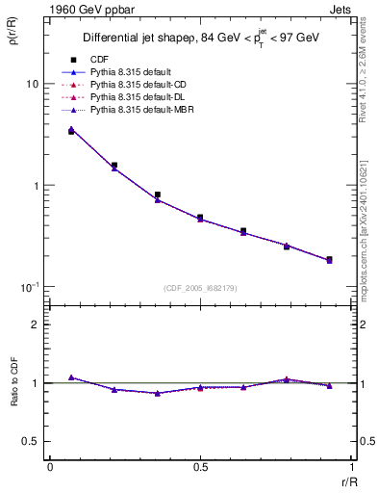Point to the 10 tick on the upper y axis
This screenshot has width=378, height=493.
(32, 84)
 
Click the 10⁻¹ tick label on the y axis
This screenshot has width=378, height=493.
(30, 287)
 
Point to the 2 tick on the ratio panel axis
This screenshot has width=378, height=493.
(36, 324)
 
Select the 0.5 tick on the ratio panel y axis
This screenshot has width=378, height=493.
(32, 441)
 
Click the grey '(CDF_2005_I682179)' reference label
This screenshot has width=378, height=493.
(200, 288)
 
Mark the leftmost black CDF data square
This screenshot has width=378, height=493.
(71, 131)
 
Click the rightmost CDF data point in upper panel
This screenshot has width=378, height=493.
(330, 259)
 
